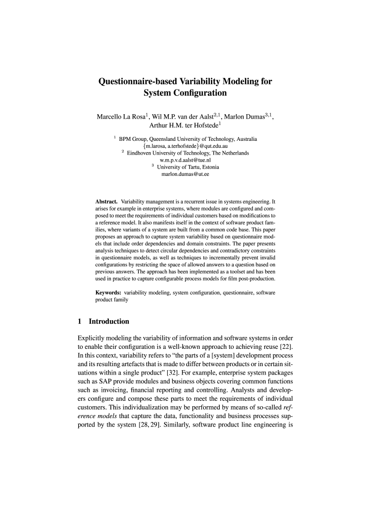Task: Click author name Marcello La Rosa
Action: coord(119,117)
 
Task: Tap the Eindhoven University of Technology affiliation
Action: coord(188,153)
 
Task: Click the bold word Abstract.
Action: coord(106,202)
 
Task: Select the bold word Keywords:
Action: coord(108,293)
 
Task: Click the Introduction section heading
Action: coord(109,322)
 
